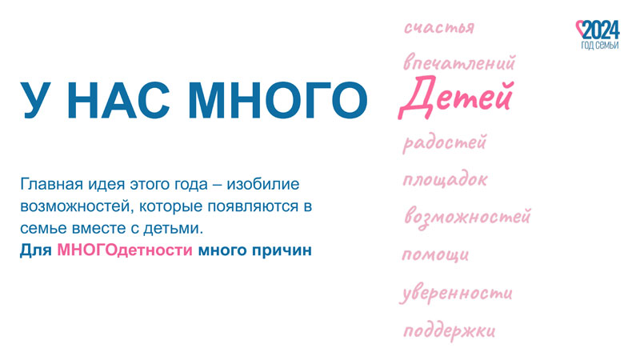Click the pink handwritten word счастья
point(439,28)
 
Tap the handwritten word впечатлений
point(459,62)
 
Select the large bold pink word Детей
point(455,98)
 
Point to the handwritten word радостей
point(445,143)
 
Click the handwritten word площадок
point(445,179)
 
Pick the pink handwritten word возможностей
point(467,216)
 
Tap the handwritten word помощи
point(435,254)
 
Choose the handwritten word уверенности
point(456,293)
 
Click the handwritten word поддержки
point(450,330)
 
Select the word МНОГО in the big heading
point(278,101)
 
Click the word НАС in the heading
point(118,101)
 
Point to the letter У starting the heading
point(36,101)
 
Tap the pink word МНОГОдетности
point(125,250)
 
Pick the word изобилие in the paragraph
point(263,184)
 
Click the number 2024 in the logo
point(602,30)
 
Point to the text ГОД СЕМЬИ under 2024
point(600,45)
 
